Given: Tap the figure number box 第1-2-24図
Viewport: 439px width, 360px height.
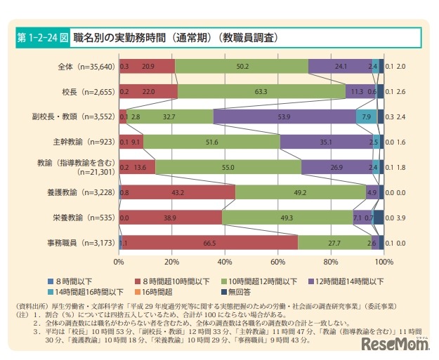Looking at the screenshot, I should (x=42, y=36).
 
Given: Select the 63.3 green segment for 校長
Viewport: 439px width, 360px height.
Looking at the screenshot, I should (x=261, y=91).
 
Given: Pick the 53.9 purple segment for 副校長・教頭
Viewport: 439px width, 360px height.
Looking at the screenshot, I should (x=284, y=116).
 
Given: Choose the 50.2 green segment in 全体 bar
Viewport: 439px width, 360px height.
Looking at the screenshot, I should (x=242, y=66).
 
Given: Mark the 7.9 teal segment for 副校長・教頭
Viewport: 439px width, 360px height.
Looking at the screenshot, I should (x=366, y=116).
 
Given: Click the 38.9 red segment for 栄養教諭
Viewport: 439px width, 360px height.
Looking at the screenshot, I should (x=171, y=217).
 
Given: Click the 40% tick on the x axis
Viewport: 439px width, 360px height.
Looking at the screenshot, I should (x=225, y=262).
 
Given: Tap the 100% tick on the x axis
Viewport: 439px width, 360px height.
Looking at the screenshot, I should (x=384, y=262).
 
